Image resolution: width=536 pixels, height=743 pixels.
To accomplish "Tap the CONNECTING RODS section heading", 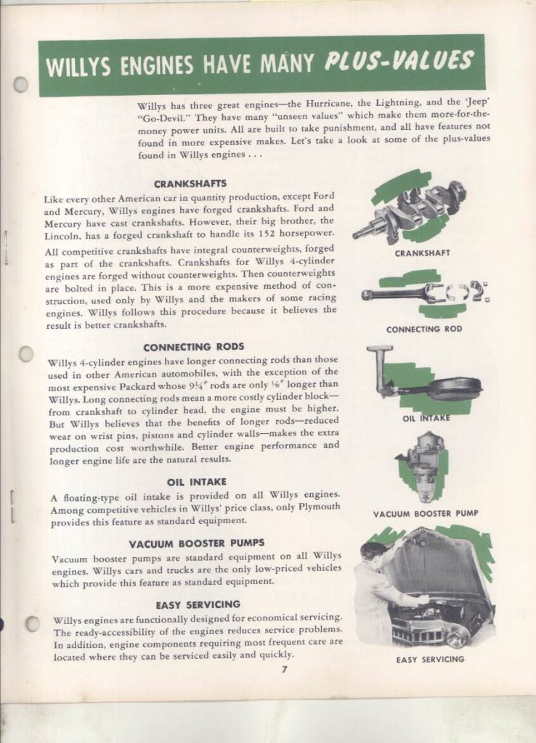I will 193,347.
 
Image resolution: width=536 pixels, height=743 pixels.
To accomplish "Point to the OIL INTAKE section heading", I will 196,481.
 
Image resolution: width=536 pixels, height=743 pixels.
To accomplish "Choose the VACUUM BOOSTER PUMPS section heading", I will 196,543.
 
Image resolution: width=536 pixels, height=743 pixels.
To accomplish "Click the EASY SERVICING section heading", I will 198,604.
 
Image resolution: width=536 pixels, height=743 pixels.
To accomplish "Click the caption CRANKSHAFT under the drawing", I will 422,253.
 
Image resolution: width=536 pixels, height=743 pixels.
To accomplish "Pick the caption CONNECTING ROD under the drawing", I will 423,329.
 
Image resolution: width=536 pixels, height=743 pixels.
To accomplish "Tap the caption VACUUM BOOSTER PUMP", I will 426,513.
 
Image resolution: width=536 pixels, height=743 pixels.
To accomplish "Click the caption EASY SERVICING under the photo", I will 430,660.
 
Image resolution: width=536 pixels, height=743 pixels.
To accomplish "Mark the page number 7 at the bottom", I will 285,668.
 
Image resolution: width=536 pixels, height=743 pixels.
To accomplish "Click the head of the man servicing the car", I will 372,553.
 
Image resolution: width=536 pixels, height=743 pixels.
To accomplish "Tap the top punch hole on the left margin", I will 21,85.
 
